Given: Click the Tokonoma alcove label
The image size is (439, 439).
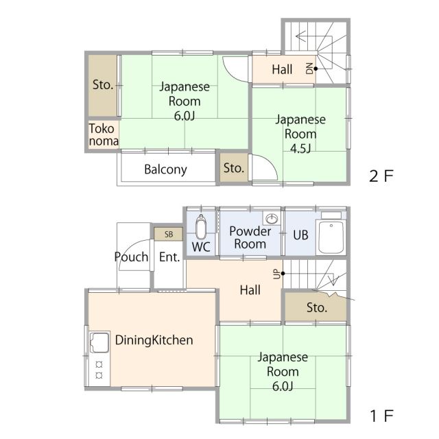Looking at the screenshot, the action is click(104, 134).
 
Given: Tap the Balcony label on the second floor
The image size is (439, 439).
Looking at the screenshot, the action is click(165, 169).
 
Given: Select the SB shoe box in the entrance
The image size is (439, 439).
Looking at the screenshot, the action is click(168, 234).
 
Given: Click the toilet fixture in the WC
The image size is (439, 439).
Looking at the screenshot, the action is click(201, 227).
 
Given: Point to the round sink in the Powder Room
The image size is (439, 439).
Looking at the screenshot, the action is click(272, 218).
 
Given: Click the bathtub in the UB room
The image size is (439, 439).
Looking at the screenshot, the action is click(331, 237).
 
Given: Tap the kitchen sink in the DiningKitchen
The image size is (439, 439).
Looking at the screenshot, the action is click(99, 342).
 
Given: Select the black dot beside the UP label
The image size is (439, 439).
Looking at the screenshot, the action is click(283, 274).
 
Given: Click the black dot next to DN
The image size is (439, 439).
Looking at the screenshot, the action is click(316, 69).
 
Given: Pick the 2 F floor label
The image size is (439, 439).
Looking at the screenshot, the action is click(381, 176).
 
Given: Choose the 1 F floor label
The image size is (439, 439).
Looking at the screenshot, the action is click(382, 416).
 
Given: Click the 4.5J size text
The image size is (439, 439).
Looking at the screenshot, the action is click(300, 148).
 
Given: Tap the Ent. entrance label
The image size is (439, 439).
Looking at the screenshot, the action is click(169, 257).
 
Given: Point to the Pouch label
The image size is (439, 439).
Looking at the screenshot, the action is click(131, 257).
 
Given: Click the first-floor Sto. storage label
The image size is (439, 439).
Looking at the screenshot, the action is click(317, 307).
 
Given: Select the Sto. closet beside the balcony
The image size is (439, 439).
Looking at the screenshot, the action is click(234, 168).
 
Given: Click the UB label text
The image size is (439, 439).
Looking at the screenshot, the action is click(300, 235).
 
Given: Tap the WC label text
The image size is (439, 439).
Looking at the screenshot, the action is click(201, 247).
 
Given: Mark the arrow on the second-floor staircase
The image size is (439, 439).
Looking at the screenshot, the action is click(313, 36).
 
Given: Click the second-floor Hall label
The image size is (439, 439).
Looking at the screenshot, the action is click(282, 69).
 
